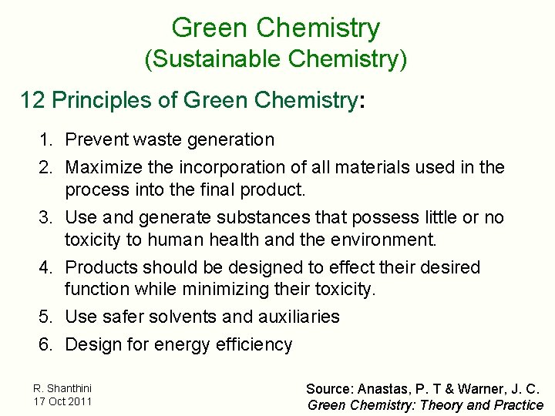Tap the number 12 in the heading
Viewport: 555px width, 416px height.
[33, 100]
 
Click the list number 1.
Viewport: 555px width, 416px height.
[46, 140]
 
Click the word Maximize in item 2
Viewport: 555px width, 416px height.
[99, 167]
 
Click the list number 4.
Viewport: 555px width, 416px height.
[46, 268]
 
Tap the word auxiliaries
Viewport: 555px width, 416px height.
[295, 317]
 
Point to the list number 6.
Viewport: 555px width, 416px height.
[46, 344]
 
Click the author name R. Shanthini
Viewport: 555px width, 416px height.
[62, 388]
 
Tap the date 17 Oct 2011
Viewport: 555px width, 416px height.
[62, 401]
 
